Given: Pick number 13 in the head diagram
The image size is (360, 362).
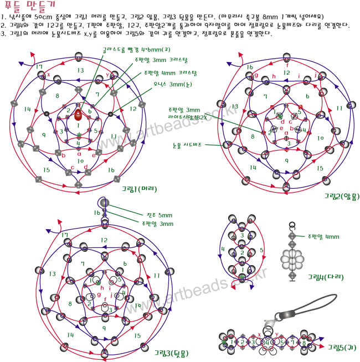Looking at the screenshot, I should [x=81, y=70].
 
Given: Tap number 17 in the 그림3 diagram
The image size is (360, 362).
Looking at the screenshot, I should [x=65, y=235].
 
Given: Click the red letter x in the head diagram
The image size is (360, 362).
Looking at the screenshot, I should [x=49, y=74].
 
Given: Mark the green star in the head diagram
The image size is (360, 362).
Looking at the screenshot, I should [x=79, y=135].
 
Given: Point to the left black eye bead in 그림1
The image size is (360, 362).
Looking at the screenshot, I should [x=47, y=114].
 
